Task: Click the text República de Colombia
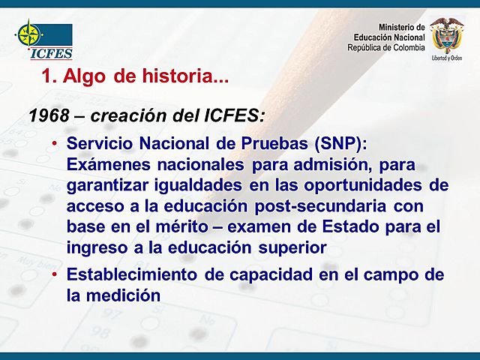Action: pos(385,48)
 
